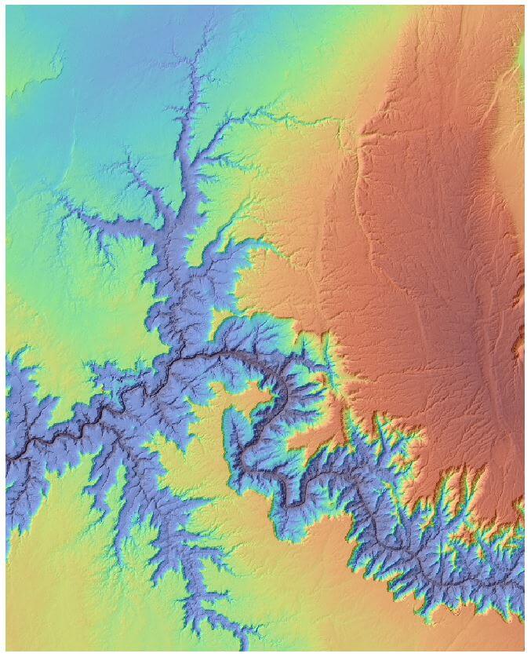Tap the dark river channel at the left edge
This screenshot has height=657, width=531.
point(9,454)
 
